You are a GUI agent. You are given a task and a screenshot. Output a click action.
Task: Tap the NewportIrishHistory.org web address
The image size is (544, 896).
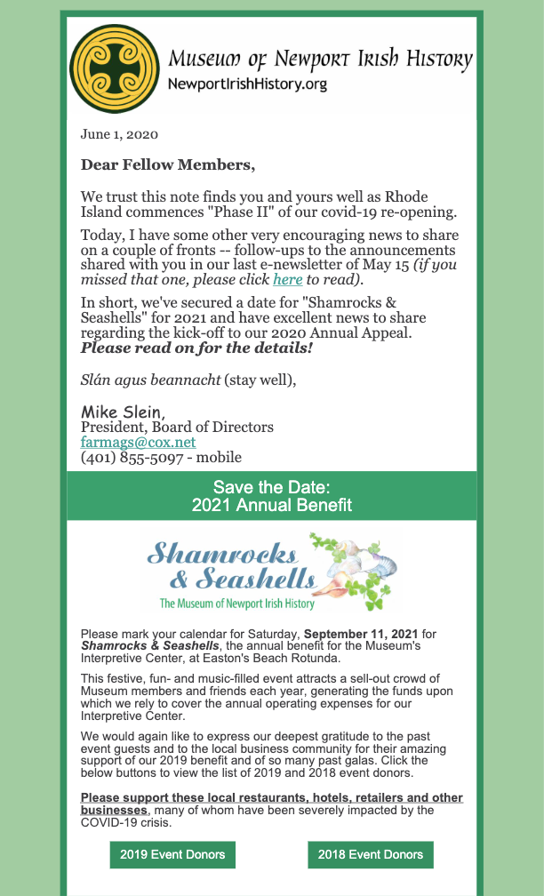click(x=247, y=84)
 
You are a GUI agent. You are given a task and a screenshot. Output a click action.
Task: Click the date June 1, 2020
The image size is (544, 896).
click(x=119, y=135)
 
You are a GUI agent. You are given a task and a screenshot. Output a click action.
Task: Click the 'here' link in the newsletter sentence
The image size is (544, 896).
click(x=287, y=279)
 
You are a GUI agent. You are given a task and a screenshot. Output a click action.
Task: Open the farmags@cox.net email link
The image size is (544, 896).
click(x=138, y=442)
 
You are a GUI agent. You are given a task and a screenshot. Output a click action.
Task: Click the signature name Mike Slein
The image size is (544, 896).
click(x=122, y=412)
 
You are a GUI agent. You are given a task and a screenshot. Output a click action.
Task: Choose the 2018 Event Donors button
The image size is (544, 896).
click(x=371, y=855)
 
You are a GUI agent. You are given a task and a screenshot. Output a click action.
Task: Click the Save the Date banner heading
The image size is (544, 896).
click(x=271, y=496)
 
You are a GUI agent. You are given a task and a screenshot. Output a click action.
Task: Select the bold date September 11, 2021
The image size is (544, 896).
click(x=361, y=634)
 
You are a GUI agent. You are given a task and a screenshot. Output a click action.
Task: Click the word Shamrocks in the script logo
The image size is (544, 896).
click(x=221, y=553)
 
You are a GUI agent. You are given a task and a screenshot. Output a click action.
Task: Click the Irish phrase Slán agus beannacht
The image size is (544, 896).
click(x=149, y=380)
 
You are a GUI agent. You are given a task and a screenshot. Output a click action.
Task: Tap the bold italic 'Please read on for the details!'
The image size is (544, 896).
click(x=197, y=347)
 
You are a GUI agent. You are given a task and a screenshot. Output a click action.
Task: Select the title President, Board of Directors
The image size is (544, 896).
click(x=177, y=427)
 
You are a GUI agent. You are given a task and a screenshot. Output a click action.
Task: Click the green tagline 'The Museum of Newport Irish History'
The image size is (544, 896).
click(x=236, y=604)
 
